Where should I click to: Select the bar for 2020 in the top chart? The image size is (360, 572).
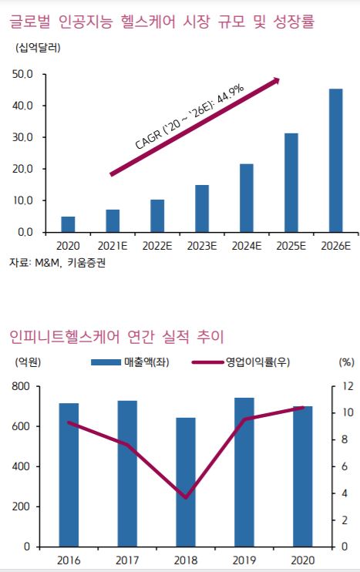coord(68,224)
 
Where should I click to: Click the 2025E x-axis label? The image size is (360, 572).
coord(291,245)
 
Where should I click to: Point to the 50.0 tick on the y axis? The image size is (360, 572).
coord(22,75)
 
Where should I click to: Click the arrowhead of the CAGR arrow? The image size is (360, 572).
coord(274,81)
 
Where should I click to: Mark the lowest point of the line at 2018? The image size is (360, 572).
coord(186,498)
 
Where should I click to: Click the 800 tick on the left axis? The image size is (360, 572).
coord(21,386)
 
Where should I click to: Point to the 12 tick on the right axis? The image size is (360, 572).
coord(348,386)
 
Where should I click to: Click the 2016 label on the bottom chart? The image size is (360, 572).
coord(69,560)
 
